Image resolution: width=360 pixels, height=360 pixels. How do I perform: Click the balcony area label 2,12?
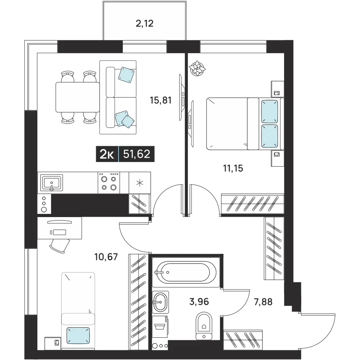click(144, 24)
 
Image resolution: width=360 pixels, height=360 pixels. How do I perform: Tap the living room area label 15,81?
click(161, 100)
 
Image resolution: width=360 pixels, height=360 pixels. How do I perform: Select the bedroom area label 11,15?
click(233, 168)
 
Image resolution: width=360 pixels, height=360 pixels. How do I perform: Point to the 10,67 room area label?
click(106, 256)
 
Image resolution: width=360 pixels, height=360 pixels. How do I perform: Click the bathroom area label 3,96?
click(199, 301)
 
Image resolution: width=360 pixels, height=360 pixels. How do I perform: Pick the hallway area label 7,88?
click(263, 302)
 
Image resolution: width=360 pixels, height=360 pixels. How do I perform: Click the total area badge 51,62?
click(136, 154)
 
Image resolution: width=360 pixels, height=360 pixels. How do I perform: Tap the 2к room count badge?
click(107, 154)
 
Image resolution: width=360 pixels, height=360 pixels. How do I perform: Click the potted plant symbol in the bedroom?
click(197, 68)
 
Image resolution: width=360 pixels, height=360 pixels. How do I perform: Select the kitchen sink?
click(51, 183)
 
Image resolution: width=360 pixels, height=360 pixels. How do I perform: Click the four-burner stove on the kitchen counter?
click(109, 183)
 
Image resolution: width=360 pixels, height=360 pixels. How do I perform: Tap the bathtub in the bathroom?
click(186, 272)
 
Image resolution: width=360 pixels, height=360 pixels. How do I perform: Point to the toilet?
click(204, 325)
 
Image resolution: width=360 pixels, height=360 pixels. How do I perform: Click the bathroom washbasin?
click(161, 302)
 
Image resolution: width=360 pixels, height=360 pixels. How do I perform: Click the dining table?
click(78, 97)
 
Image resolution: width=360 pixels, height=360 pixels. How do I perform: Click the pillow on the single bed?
click(78, 336)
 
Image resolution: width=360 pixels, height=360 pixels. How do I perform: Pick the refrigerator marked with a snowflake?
click(140, 183)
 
